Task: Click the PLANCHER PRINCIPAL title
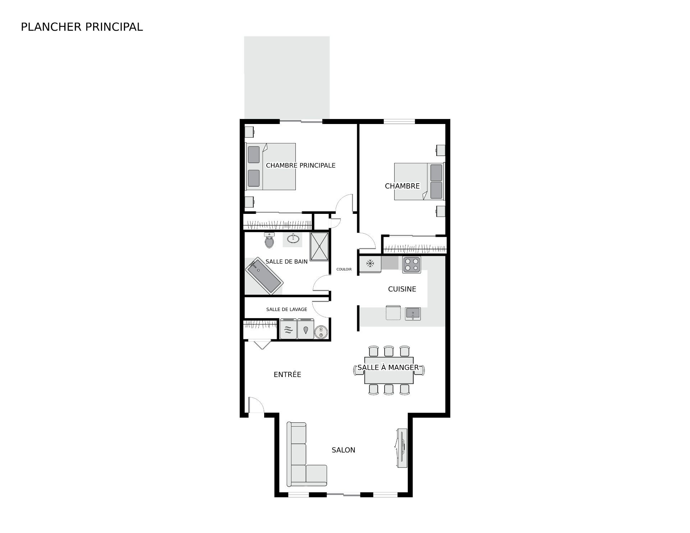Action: [x=82, y=27]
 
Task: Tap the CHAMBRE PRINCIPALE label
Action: [x=300, y=165]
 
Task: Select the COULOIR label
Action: [x=344, y=269]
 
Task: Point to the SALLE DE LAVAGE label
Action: [x=287, y=309]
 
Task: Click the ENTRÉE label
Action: [x=287, y=375]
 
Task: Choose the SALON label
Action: [x=343, y=450]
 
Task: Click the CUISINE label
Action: [x=402, y=289]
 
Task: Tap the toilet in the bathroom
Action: [x=269, y=240]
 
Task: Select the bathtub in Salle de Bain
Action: [x=264, y=276]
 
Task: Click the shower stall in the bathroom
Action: [x=319, y=247]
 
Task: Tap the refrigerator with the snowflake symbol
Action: [x=370, y=264]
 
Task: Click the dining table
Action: [x=389, y=370]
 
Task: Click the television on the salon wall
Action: [x=401, y=448]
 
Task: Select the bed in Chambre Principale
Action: [x=271, y=166]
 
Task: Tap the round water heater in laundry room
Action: [x=320, y=332]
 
